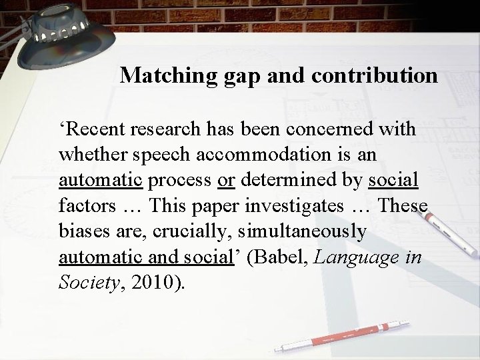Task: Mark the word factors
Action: coord(83,205)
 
